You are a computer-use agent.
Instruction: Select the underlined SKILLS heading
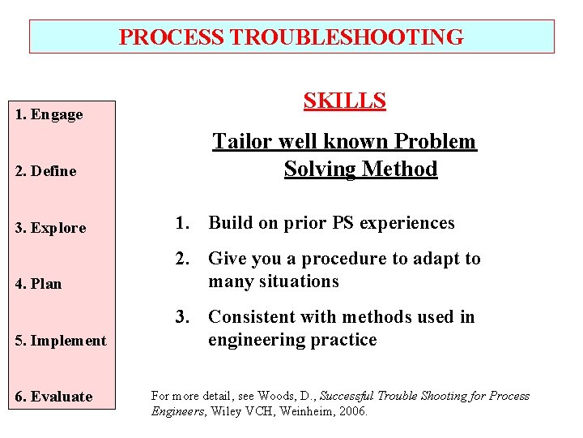(344, 101)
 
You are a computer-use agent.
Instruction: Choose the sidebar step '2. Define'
(46, 171)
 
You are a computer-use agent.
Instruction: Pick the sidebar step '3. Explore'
(50, 228)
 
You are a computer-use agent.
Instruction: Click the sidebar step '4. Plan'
(39, 284)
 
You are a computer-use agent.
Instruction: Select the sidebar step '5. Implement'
(61, 341)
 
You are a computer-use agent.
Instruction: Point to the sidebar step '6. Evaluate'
(53, 397)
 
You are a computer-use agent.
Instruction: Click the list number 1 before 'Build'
(184, 223)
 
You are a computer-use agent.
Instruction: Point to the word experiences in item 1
(411, 223)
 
